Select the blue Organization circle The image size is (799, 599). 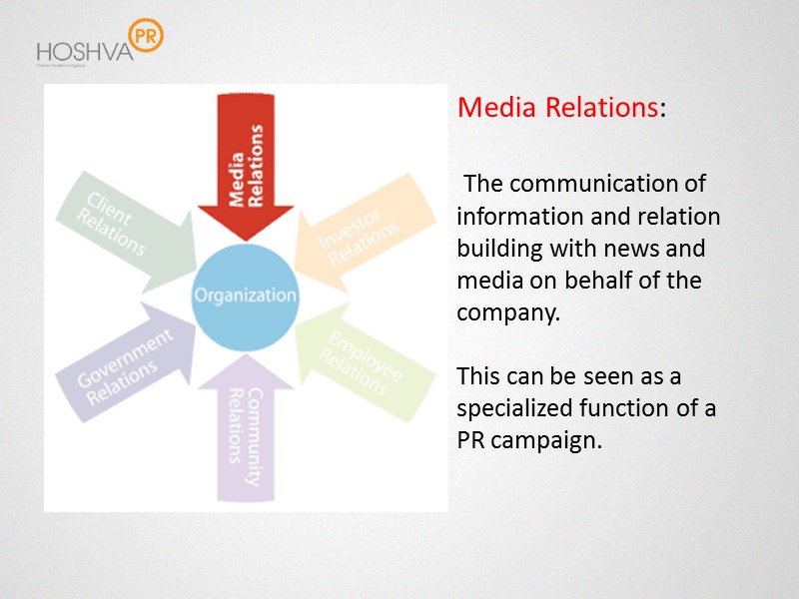[x=245, y=295]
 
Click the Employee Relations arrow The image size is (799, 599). [x=365, y=359]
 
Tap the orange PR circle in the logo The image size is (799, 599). [x=146, y=34]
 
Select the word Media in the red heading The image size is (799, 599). [x=497, y=108]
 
